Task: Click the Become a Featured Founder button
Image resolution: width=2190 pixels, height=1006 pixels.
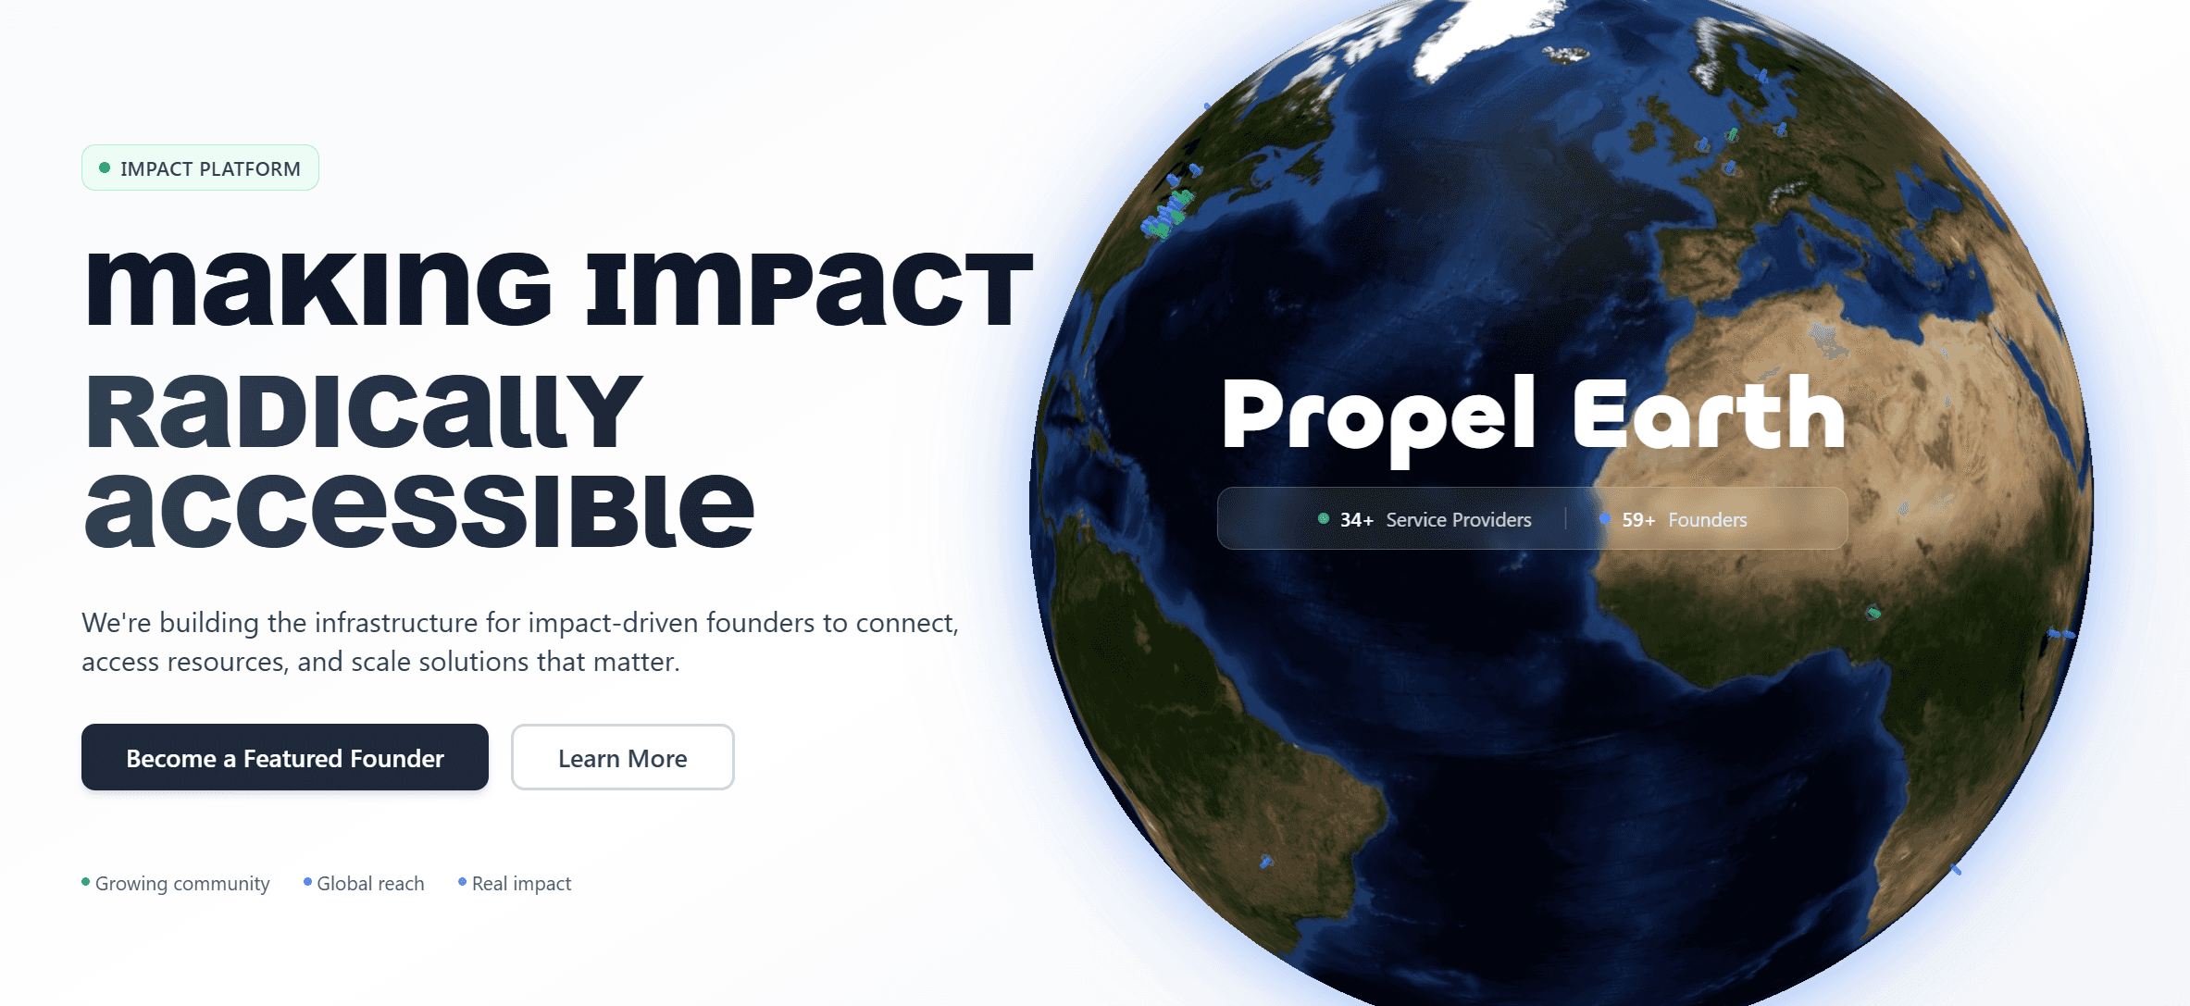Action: tap(285, 757)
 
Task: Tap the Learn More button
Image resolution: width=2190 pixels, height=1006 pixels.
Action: tap(623, 757)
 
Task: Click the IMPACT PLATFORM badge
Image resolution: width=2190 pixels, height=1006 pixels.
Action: tap(200, 168)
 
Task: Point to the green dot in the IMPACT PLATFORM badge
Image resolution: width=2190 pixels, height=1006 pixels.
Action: tap(105, 168)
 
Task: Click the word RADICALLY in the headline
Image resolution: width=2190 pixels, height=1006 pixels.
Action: tap(364, 412)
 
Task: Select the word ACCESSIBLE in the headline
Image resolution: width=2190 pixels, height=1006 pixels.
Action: tap(420, 509)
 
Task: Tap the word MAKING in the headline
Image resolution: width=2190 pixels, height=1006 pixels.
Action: tap(319, 289)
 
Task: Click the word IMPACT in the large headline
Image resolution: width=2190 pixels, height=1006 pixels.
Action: tap(810, 289)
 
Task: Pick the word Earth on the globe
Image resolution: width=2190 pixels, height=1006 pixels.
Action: tap(1709, 413)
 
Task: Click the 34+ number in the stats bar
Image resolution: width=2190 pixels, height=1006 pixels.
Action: tap(1357, 520)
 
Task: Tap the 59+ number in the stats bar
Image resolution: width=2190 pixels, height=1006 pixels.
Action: tap(1638, 520)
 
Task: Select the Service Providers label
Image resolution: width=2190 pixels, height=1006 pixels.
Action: tap(1459, 520)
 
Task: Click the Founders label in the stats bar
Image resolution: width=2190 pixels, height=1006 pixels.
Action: tap(1708, 520)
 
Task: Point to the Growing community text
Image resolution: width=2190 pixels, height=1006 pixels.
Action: tap(182, 884)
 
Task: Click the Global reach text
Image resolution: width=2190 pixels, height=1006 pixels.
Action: tap(370, 884)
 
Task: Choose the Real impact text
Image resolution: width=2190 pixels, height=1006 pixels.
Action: tap(522, 884)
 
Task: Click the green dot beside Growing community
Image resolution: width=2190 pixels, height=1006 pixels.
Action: tap(86, 882)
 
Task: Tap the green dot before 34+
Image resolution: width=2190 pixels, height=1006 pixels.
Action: tap(1324, 518)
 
